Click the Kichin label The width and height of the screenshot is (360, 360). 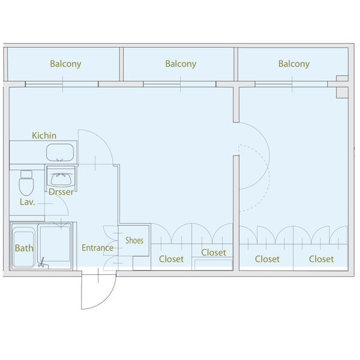[x=44, y=136]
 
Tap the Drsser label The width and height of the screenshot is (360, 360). [x=61, y=192]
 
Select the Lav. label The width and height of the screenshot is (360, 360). [x=28, y=202]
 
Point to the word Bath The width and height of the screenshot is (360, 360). [x=24, y=248]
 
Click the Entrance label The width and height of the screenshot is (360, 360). [x=98, y=248]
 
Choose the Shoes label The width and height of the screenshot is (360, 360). [x=134, y=241]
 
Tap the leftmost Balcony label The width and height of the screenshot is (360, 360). [x=65, y=64]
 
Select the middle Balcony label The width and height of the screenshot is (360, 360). [x=180, y=64]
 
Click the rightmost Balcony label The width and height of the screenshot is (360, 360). [x=294, y=64]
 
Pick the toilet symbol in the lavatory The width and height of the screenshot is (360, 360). [x=26, y=182]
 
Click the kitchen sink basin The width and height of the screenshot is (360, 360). [x=61, y=152]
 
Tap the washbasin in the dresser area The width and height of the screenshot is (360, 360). [x=61, y=179]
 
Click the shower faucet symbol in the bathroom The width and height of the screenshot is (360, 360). [x=42, y=263]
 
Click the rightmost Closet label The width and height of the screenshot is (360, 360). [x=322, y=259]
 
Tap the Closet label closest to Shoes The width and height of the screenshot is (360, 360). [x=171, y=259]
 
